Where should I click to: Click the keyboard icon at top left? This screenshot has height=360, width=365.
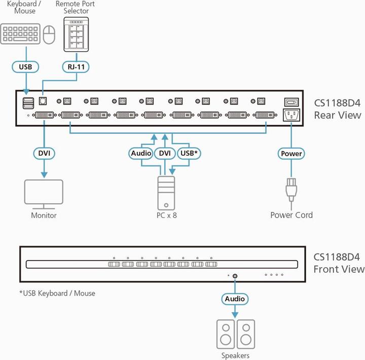pyautogui.click(x=21, y=34)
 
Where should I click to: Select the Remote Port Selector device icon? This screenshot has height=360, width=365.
pyautogui.click(x=76, y=34)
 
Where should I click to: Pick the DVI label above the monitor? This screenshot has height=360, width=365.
pyautogui.click(x=44, y=153)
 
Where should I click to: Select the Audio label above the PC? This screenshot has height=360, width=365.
pyautogui.click(x=141, y=153)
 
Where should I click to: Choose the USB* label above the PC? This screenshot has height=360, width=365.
pyautogui.click(x=189, y=153)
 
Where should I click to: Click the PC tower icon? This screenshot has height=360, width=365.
pyautogui.click(x=165, y=192)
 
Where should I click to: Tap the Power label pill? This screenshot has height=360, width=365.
pyautogui.click(x=291, y=153)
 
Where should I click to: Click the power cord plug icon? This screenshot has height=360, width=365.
pyautogui.click(x=291, y=191)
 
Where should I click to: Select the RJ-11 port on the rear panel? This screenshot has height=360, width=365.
pyautogui.click(x=44, y=101)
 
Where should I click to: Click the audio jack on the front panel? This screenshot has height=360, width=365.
pyautogui.click(x=235, y=276)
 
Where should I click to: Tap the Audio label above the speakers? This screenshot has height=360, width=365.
pyautogui.click(x=235, y=299)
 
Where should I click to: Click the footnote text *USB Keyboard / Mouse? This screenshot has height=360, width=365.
pyautogui.click(x=57, y=293)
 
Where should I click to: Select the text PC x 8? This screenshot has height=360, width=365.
pyautogui.click(x=166, y=215)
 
